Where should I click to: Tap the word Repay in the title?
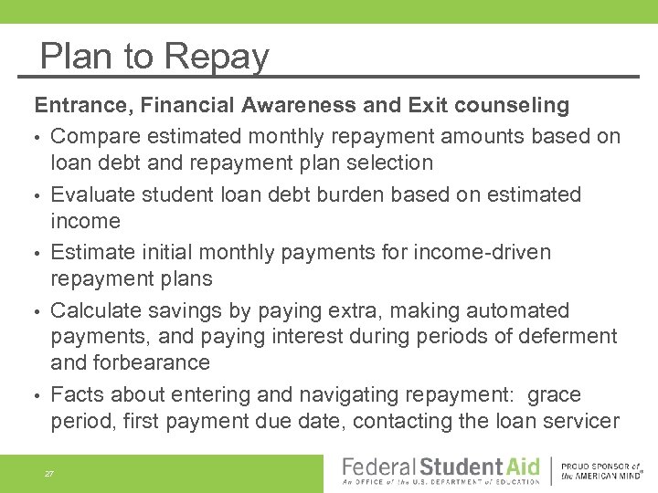tap(217, 58)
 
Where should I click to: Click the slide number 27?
tap(49, 474)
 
